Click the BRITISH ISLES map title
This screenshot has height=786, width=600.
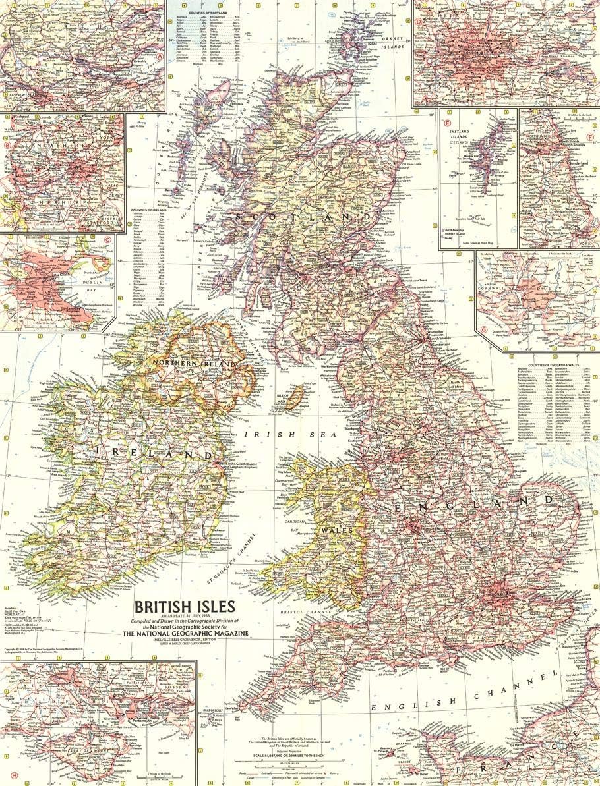coord(182,605)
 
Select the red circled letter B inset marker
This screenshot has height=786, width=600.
coord(7,146)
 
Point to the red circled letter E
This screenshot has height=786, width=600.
coord(448,123)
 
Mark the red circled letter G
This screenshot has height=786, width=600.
coord(485,329)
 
